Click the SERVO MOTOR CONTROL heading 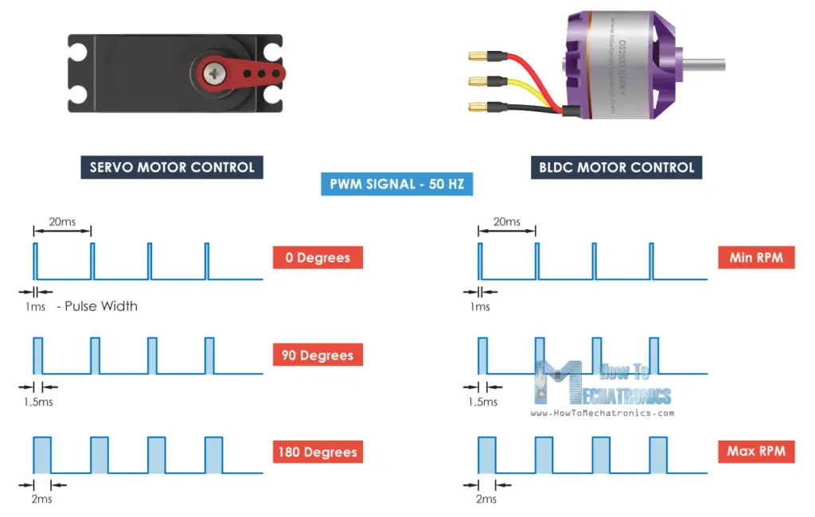pyautogui.click(x=172, y=167)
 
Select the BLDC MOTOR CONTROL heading pyautogui.click(x=616, y=167)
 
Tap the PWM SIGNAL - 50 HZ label pyautogui.click(x=397, y=185)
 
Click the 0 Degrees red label pyautogui.click(x=318, y=258)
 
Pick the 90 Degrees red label pyautogui.click(x=318, y=355)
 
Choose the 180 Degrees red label pyautogui.click(x=318, y=452)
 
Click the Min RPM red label pyautogui.click(x=755, y=258)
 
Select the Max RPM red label pyautogui.click(x=755, y=451)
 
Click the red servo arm pyautogui.click(x=239, y=72)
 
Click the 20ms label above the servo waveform pyautogui.click(x=61, y=221)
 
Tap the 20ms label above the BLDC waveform pyautogui.click(x=506, y=221)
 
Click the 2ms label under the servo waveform pyautogui.click(x=42, y=499)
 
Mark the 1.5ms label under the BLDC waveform pyautogui.click(x=484, y=402)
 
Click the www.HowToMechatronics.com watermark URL pyautogui.click(x=602, y=413)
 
